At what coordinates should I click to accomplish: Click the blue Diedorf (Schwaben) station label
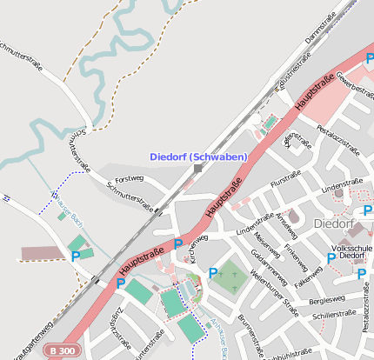tap(198, 157)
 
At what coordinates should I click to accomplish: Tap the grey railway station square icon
tap(198, 168)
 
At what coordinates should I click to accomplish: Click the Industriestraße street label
tap(293, 74)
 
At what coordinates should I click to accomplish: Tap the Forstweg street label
tap(129, 180)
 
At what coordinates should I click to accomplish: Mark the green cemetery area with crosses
tap(228, 277)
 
